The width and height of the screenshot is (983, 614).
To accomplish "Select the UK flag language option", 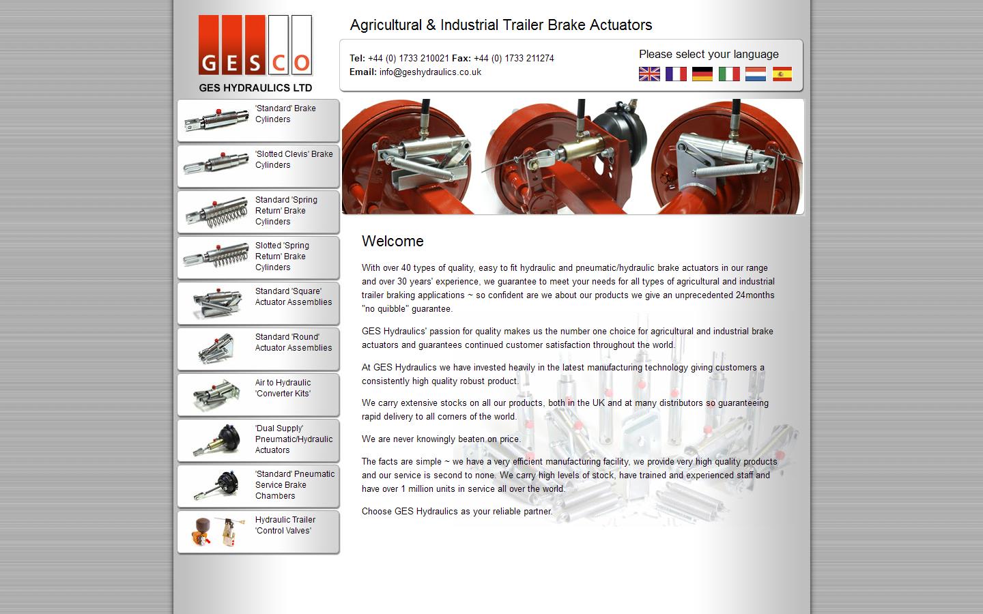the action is pos(649,74).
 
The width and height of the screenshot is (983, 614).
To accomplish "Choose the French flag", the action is pos(676,74).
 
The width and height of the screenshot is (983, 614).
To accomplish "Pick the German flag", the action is pos(702,74).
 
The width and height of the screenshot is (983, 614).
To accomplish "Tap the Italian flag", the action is pos(729,74).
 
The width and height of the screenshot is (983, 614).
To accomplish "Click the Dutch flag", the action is pos(756,74).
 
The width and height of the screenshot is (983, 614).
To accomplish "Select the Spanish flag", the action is pos(782,74).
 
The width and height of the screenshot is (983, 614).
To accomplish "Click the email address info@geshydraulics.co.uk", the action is pos(430,72).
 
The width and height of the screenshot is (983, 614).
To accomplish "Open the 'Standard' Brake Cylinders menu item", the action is pos(258,120).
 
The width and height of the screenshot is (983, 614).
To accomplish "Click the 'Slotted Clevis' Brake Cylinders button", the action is pos(258,166).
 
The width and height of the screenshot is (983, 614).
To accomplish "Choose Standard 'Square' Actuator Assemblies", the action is pos(258,303).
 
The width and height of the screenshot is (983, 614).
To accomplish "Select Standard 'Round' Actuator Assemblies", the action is pos(258,349).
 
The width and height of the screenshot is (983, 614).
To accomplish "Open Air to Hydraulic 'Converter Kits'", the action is pos(258,394).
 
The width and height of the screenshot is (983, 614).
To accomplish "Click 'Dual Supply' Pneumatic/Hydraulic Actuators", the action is pos(258,440).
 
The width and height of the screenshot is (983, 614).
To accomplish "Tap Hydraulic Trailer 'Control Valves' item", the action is pos(258,531).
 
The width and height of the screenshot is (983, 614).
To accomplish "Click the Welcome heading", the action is pos(393,242).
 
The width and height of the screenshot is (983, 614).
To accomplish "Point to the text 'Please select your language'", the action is pos(709,55).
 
